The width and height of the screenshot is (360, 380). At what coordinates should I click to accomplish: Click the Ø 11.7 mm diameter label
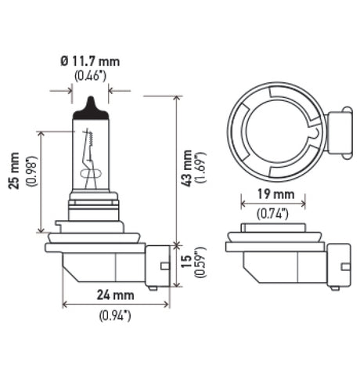pos(90,61)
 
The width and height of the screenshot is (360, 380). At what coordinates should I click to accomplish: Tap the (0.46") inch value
pos(90,76)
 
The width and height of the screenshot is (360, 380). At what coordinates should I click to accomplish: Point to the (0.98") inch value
pos(31,182)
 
